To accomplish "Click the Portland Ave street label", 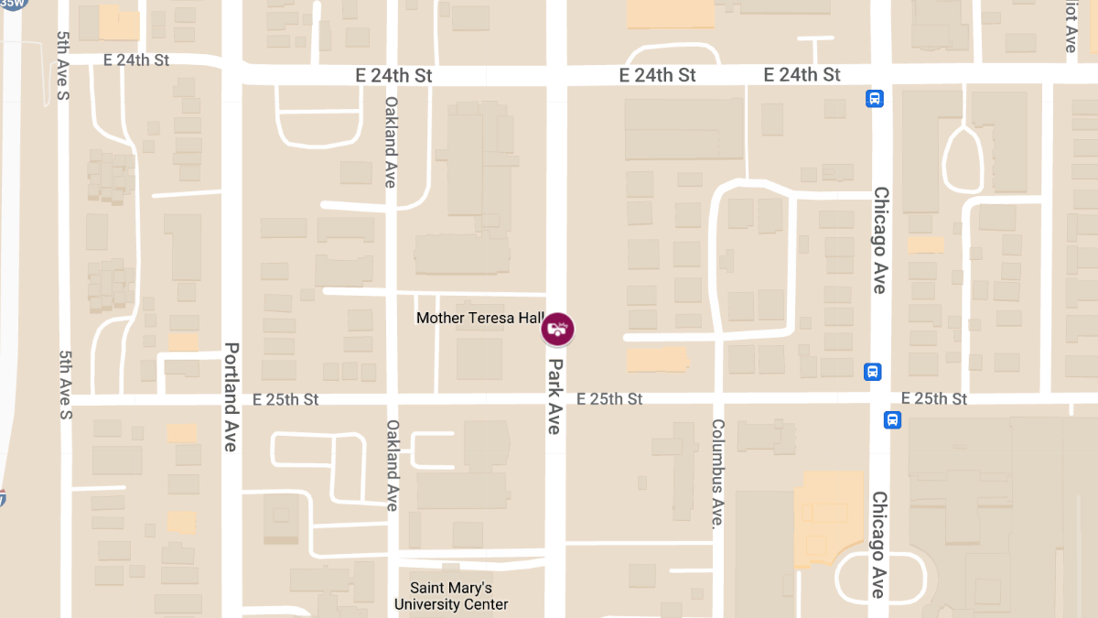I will [231, 396].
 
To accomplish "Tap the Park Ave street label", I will [555, 396].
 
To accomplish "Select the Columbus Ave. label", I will [718, 473].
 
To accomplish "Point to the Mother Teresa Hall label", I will [480, 318].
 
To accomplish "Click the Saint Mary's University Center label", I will [451, 596].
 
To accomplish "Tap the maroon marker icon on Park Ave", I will [557, 329].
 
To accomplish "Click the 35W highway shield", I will [14, 3].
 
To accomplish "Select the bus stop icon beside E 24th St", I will [875, 98].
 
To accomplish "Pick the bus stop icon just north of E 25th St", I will [873, 372].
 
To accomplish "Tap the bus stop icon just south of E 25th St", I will [892, 420].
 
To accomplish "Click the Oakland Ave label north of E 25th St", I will [391, 142].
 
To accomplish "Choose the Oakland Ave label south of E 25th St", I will [392, 465].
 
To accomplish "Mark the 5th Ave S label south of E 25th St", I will [64, 385].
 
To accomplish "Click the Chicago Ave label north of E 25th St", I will [880, 240].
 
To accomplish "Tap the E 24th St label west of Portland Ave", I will [137, 60].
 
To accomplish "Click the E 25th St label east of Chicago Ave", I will [933, 398].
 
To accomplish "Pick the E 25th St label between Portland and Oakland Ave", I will [285, 399].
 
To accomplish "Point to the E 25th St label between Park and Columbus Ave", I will [609, 398].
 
